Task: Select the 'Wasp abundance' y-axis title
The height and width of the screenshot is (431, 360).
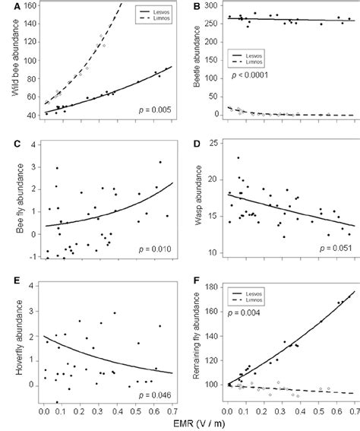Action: click(x=193, y=199)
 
